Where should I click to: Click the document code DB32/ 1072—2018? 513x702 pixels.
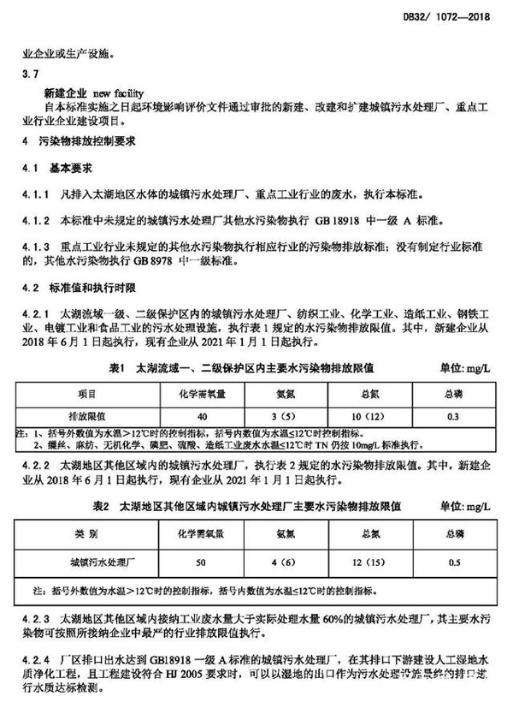click(460, 16)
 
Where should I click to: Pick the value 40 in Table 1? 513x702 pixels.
click(202, 416)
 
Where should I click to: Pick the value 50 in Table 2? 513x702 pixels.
click(202, 563)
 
